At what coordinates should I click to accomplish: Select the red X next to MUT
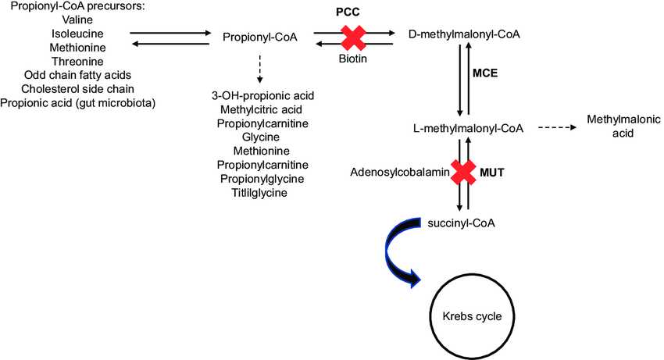tap(464, 172)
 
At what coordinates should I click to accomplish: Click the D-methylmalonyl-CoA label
tap(465, 36)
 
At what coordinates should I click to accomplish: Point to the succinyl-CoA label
tap(462, 223)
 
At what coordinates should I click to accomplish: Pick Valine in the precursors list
tap(80, 20)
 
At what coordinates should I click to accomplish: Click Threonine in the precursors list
tap(80, 62)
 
